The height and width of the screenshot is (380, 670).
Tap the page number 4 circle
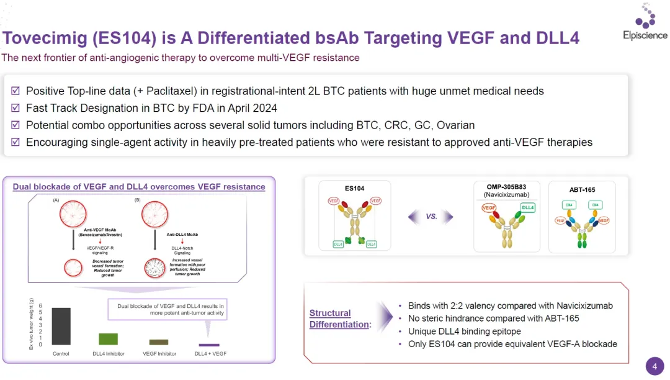pos(654,366)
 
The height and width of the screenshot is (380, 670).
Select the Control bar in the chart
pos(60,326)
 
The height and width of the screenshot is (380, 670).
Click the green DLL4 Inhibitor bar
pos(108,339)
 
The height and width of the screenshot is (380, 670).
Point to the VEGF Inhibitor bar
pos(159,342)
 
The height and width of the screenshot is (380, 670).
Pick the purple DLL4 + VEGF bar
pos(209,345)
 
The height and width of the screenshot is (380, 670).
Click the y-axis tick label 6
pos(40,306)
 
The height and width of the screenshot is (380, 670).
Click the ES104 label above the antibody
pos(354,188)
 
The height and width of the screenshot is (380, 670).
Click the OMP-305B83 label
pos(510,186)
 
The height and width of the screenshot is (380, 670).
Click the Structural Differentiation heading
pos(339,319)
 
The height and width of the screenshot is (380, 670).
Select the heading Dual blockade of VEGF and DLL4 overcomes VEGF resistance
pos(139,186)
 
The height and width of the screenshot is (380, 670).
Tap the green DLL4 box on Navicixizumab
pos(528,208)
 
